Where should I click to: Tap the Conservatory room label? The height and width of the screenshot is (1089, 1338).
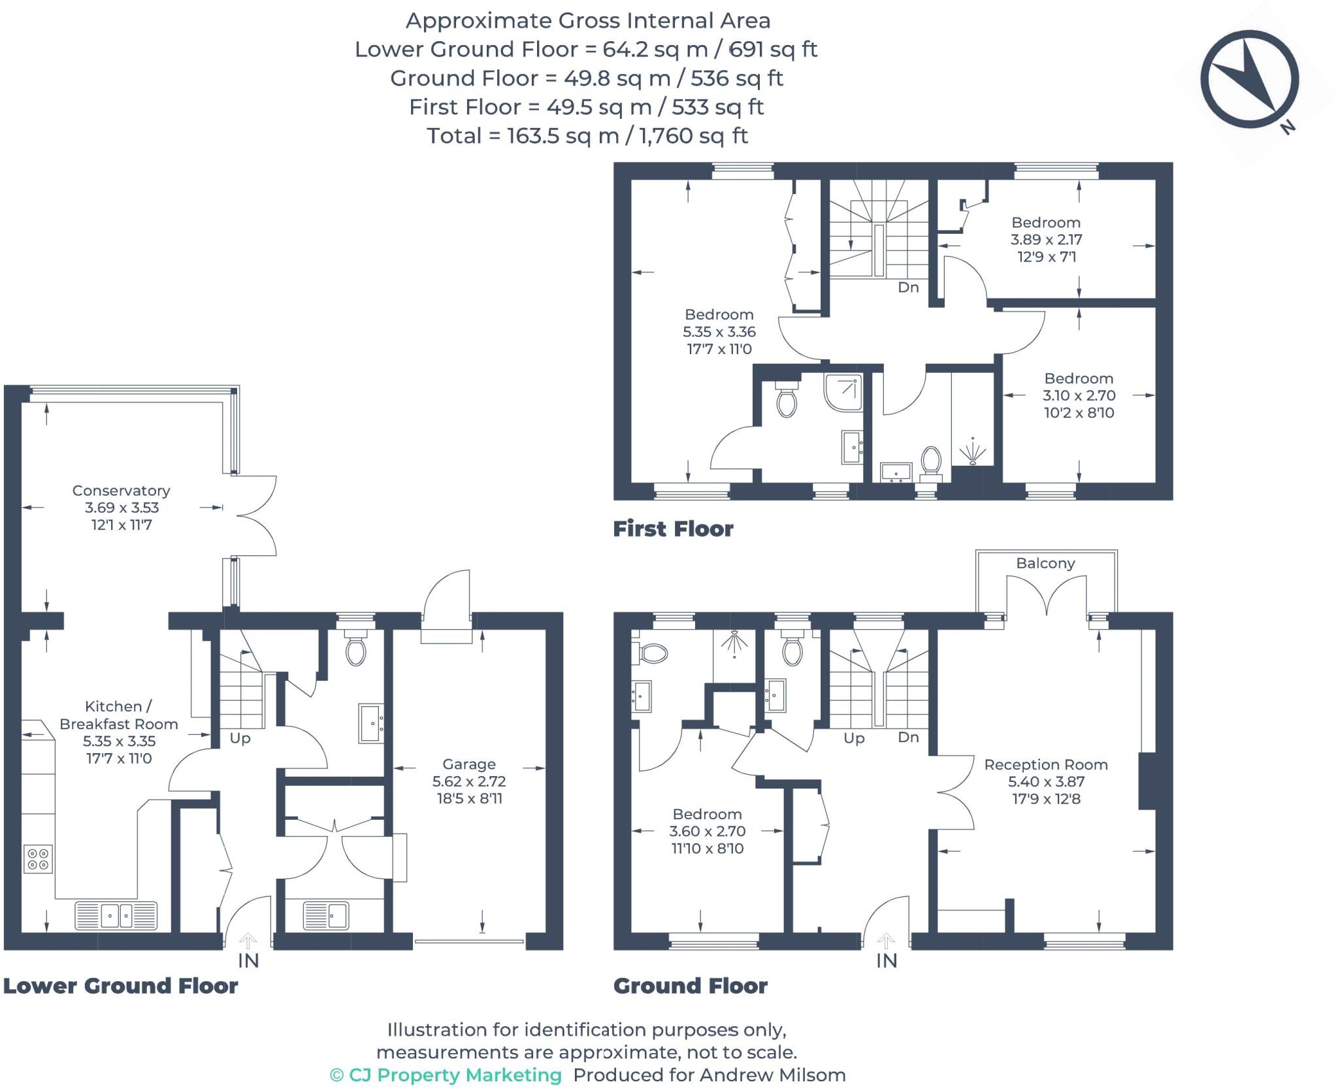[121, 491]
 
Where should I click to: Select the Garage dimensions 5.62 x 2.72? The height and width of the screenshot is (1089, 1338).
[468, 781]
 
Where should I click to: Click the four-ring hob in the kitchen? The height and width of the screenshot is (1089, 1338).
[38, 859]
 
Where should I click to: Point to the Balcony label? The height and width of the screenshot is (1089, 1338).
[1045, 563]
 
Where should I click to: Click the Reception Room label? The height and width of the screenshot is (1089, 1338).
[1045, 764]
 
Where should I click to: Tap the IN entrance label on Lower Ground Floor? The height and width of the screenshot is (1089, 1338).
[248, 961]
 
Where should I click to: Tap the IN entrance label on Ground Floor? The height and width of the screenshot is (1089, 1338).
[886, 961]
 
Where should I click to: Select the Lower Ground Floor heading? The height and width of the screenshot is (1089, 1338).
[121, 986]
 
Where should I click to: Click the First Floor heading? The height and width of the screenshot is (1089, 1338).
[673, 528]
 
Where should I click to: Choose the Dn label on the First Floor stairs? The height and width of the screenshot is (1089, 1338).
[908, 287]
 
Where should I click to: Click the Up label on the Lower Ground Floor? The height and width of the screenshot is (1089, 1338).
[240, 738]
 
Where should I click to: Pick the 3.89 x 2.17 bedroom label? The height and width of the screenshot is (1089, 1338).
[1045, 240]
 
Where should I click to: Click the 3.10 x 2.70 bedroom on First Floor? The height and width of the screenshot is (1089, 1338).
[1079, 395]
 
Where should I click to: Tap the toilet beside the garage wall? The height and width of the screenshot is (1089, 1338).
[355, 651]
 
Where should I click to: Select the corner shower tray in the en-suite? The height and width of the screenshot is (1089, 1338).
[843, 392]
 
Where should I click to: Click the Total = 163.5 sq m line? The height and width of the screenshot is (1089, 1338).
[587, 136]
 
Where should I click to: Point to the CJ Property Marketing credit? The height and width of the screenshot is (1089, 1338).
[446, 1075]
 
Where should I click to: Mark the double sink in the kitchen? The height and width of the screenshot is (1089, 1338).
[116, 915]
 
